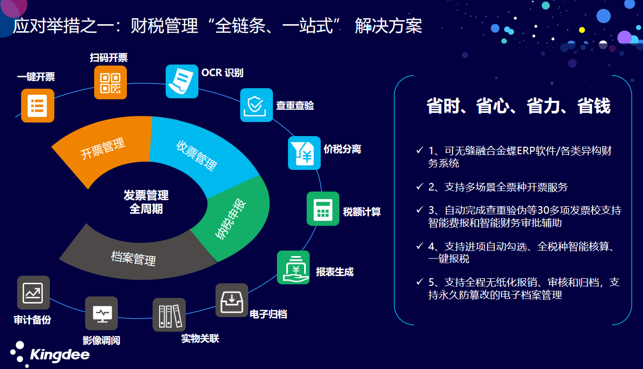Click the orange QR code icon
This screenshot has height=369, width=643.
pos(110,83)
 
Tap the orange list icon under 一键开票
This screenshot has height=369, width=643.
pos(38,105)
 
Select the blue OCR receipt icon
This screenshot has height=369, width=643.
pos(182,81)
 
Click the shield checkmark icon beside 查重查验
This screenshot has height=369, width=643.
pos(256,105)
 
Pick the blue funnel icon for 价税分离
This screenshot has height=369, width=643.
pos(304,153)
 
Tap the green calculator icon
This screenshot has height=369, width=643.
pos(323,209)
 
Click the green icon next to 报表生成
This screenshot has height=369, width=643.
pos(294,267)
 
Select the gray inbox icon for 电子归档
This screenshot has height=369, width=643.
pos(232,300)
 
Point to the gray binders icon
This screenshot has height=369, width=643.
pos(169,315)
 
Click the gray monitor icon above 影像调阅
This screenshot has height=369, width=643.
pos(102,313)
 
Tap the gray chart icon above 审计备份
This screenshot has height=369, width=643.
pos(33,292)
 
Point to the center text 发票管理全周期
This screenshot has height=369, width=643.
pos(146,202)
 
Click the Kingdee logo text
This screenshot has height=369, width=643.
pos(60,355)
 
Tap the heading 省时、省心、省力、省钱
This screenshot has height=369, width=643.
pos(519,106)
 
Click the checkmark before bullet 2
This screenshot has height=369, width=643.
pos(419,187)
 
